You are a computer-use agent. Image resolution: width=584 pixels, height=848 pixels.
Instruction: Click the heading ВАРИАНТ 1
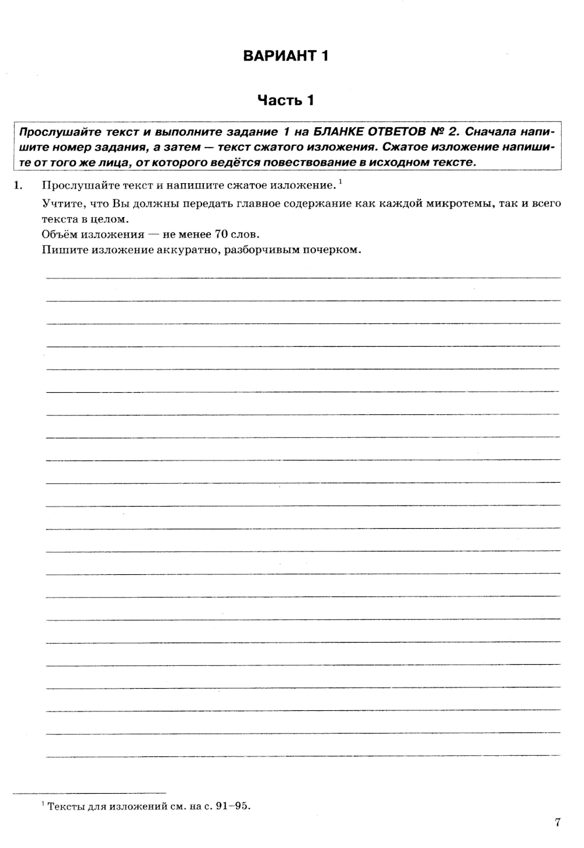tap(286, 56)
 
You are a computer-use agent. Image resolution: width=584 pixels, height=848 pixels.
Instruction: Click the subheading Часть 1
tap(286, 100)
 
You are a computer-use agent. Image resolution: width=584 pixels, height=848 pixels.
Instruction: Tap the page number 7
tap(558, 822)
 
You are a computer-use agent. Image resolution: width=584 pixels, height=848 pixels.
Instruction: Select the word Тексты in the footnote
tap(65, 807)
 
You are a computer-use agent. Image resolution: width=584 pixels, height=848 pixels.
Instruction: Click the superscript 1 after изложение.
tap(340, 182)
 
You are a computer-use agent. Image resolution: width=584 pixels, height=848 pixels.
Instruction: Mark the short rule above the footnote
tap(89, 793)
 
